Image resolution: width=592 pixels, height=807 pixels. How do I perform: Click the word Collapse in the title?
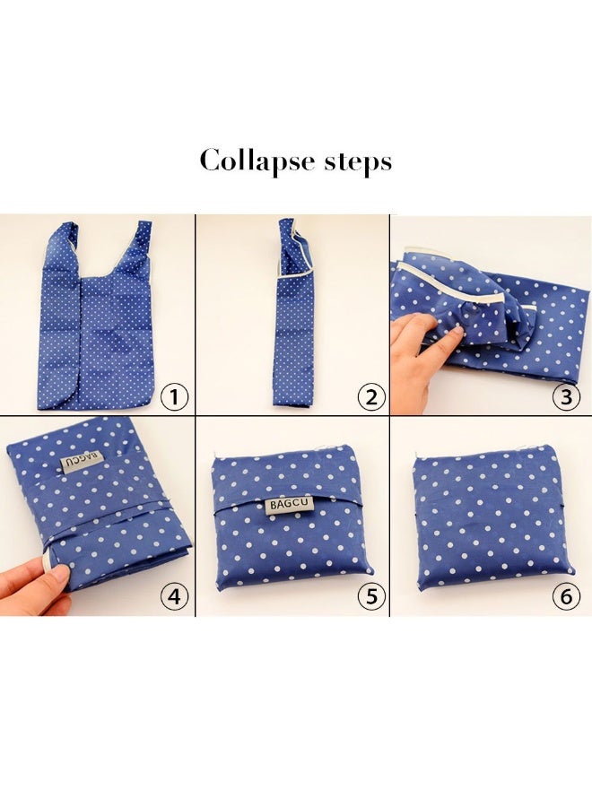pyautogui.click(x=257, y=161)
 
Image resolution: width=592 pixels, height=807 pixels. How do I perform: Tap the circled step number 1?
pyautogui.click(x=175, y=397)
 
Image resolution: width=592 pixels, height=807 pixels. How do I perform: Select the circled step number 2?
pyautogui.click(x=371, y=397)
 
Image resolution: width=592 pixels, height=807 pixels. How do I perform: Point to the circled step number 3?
pyautogui.click(x=566, y=397)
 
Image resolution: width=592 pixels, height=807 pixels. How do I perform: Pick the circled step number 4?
pyautogui.click(x=175, y=596)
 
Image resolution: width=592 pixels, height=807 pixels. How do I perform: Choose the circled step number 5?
pyautogui.click(x=371, y=596)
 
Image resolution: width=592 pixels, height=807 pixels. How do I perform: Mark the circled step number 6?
pyautogui.click(x=566, y=596)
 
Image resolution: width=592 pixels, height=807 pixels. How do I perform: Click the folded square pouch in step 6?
pyautogui.click(x=493, y=519)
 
